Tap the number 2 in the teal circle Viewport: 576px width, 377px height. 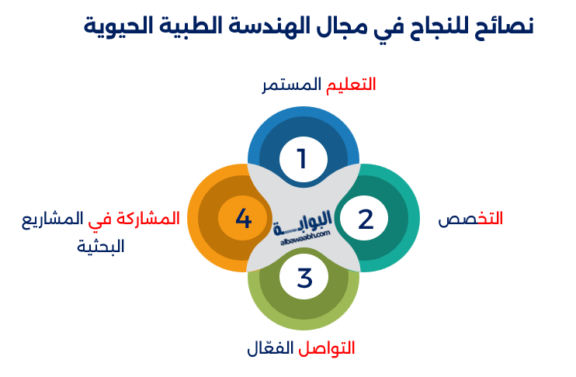366,219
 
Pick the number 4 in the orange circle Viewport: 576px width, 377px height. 243,219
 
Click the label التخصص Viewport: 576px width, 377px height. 470,219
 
